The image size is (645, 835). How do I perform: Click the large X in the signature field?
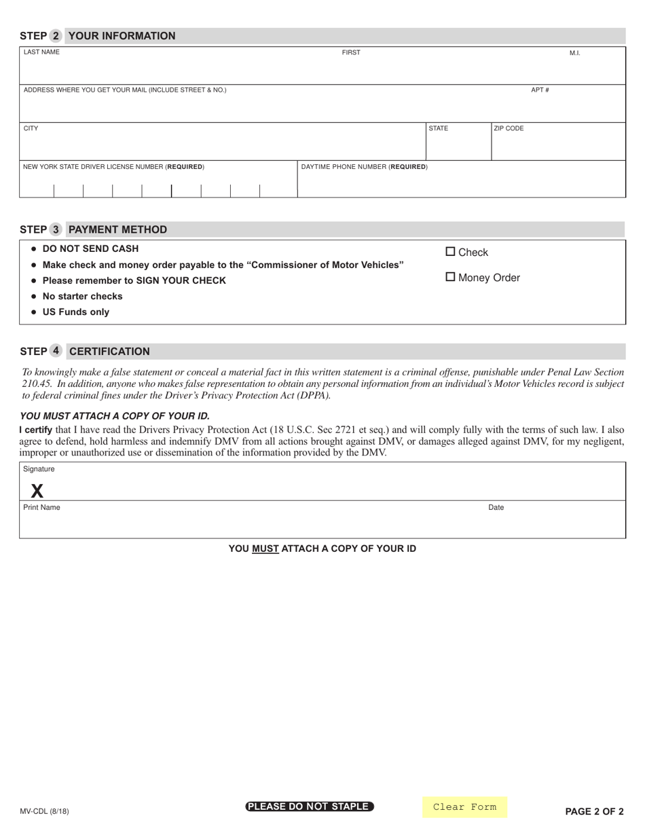click(37, 491)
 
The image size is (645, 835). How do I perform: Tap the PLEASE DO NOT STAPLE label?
click(310, 806)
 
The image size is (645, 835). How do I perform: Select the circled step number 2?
click(56, 36)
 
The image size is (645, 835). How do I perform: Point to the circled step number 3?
click(56, 229)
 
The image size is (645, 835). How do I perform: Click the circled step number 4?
click(56, 351)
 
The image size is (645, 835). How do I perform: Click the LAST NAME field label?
click(41, 52)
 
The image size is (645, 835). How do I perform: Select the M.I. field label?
click(574, 53)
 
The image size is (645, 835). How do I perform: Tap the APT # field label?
click(540, 90)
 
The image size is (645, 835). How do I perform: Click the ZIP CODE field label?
click(509, 128)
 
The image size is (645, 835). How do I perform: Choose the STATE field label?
click(438, 128)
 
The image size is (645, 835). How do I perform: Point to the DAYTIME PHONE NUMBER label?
click(364, 166)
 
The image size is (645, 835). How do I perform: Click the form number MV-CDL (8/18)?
click(44, 811)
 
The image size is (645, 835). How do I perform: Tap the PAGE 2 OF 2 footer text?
click(594, 811)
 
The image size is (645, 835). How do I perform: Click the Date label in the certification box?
click(496, 507)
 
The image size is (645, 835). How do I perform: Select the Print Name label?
click(41, 507)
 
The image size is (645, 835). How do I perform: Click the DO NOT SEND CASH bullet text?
click(90, 248)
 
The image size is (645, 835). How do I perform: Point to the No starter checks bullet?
click(82, 296)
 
